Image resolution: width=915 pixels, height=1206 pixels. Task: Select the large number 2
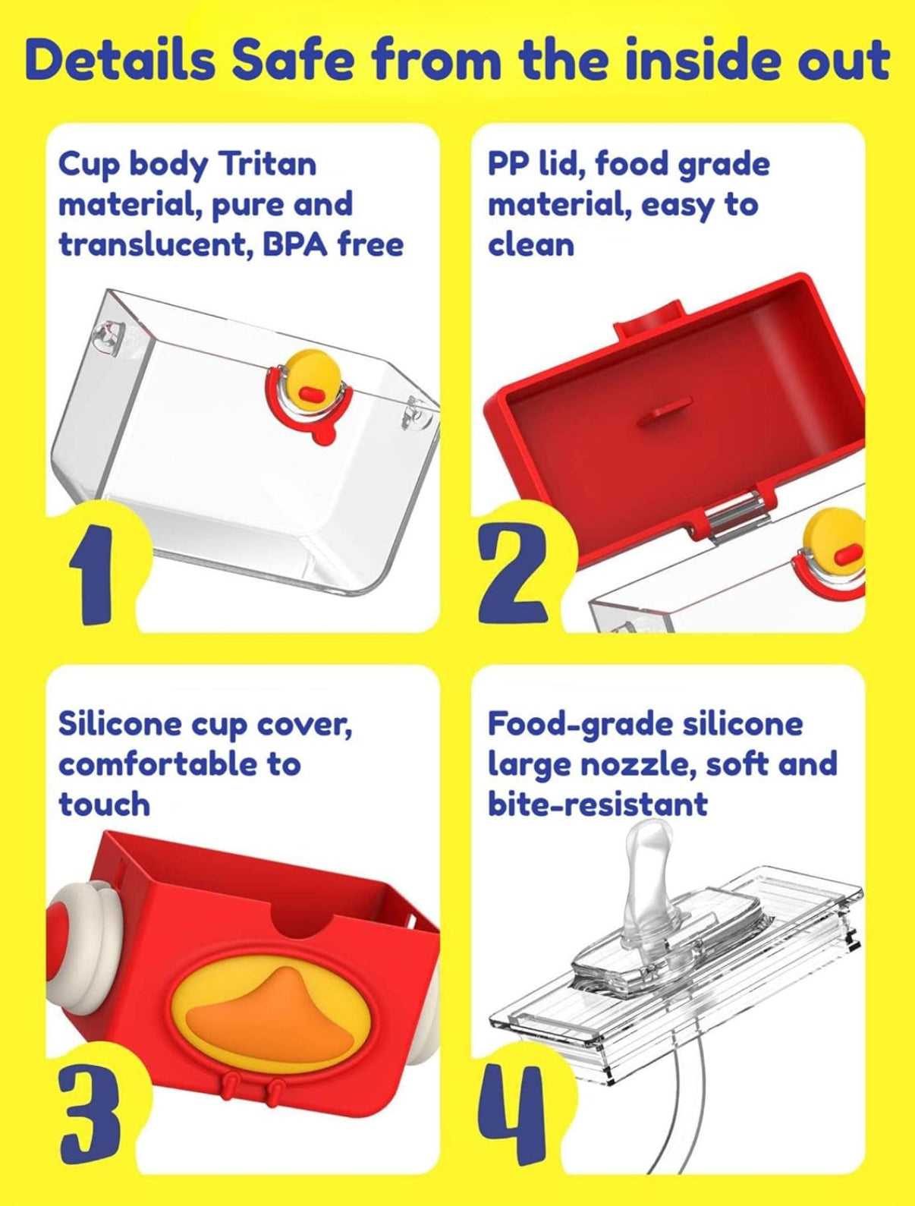514,575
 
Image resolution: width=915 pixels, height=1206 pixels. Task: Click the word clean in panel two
531,244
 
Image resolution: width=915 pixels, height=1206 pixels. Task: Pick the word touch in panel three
105,805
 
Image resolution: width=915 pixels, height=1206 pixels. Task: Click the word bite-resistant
598,805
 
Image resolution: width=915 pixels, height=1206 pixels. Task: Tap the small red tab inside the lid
662,410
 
